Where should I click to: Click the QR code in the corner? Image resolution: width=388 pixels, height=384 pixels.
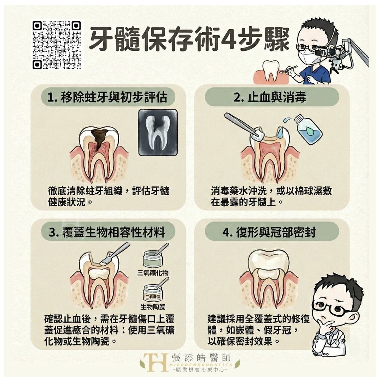pos(56,45)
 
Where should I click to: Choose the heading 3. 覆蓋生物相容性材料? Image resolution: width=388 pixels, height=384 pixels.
pos(107,232)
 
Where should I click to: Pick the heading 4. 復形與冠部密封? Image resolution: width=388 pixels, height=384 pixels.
pos(269,232)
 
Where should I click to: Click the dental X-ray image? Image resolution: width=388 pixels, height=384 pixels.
pos(158,132)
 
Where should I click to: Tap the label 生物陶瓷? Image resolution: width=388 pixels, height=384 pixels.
pos(153,307)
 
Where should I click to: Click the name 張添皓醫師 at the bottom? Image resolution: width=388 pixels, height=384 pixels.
pos(201,357)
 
